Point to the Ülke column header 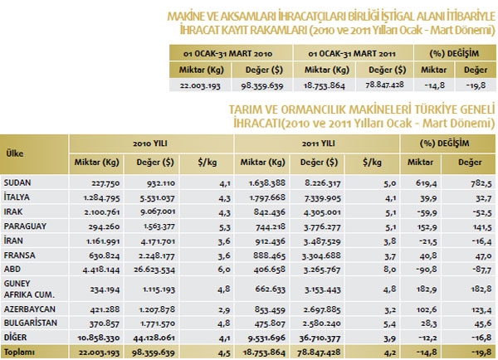point(14,152)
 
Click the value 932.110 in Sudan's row point(150,181)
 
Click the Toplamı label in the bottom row point(18,352)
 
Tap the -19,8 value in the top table point(475,85)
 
